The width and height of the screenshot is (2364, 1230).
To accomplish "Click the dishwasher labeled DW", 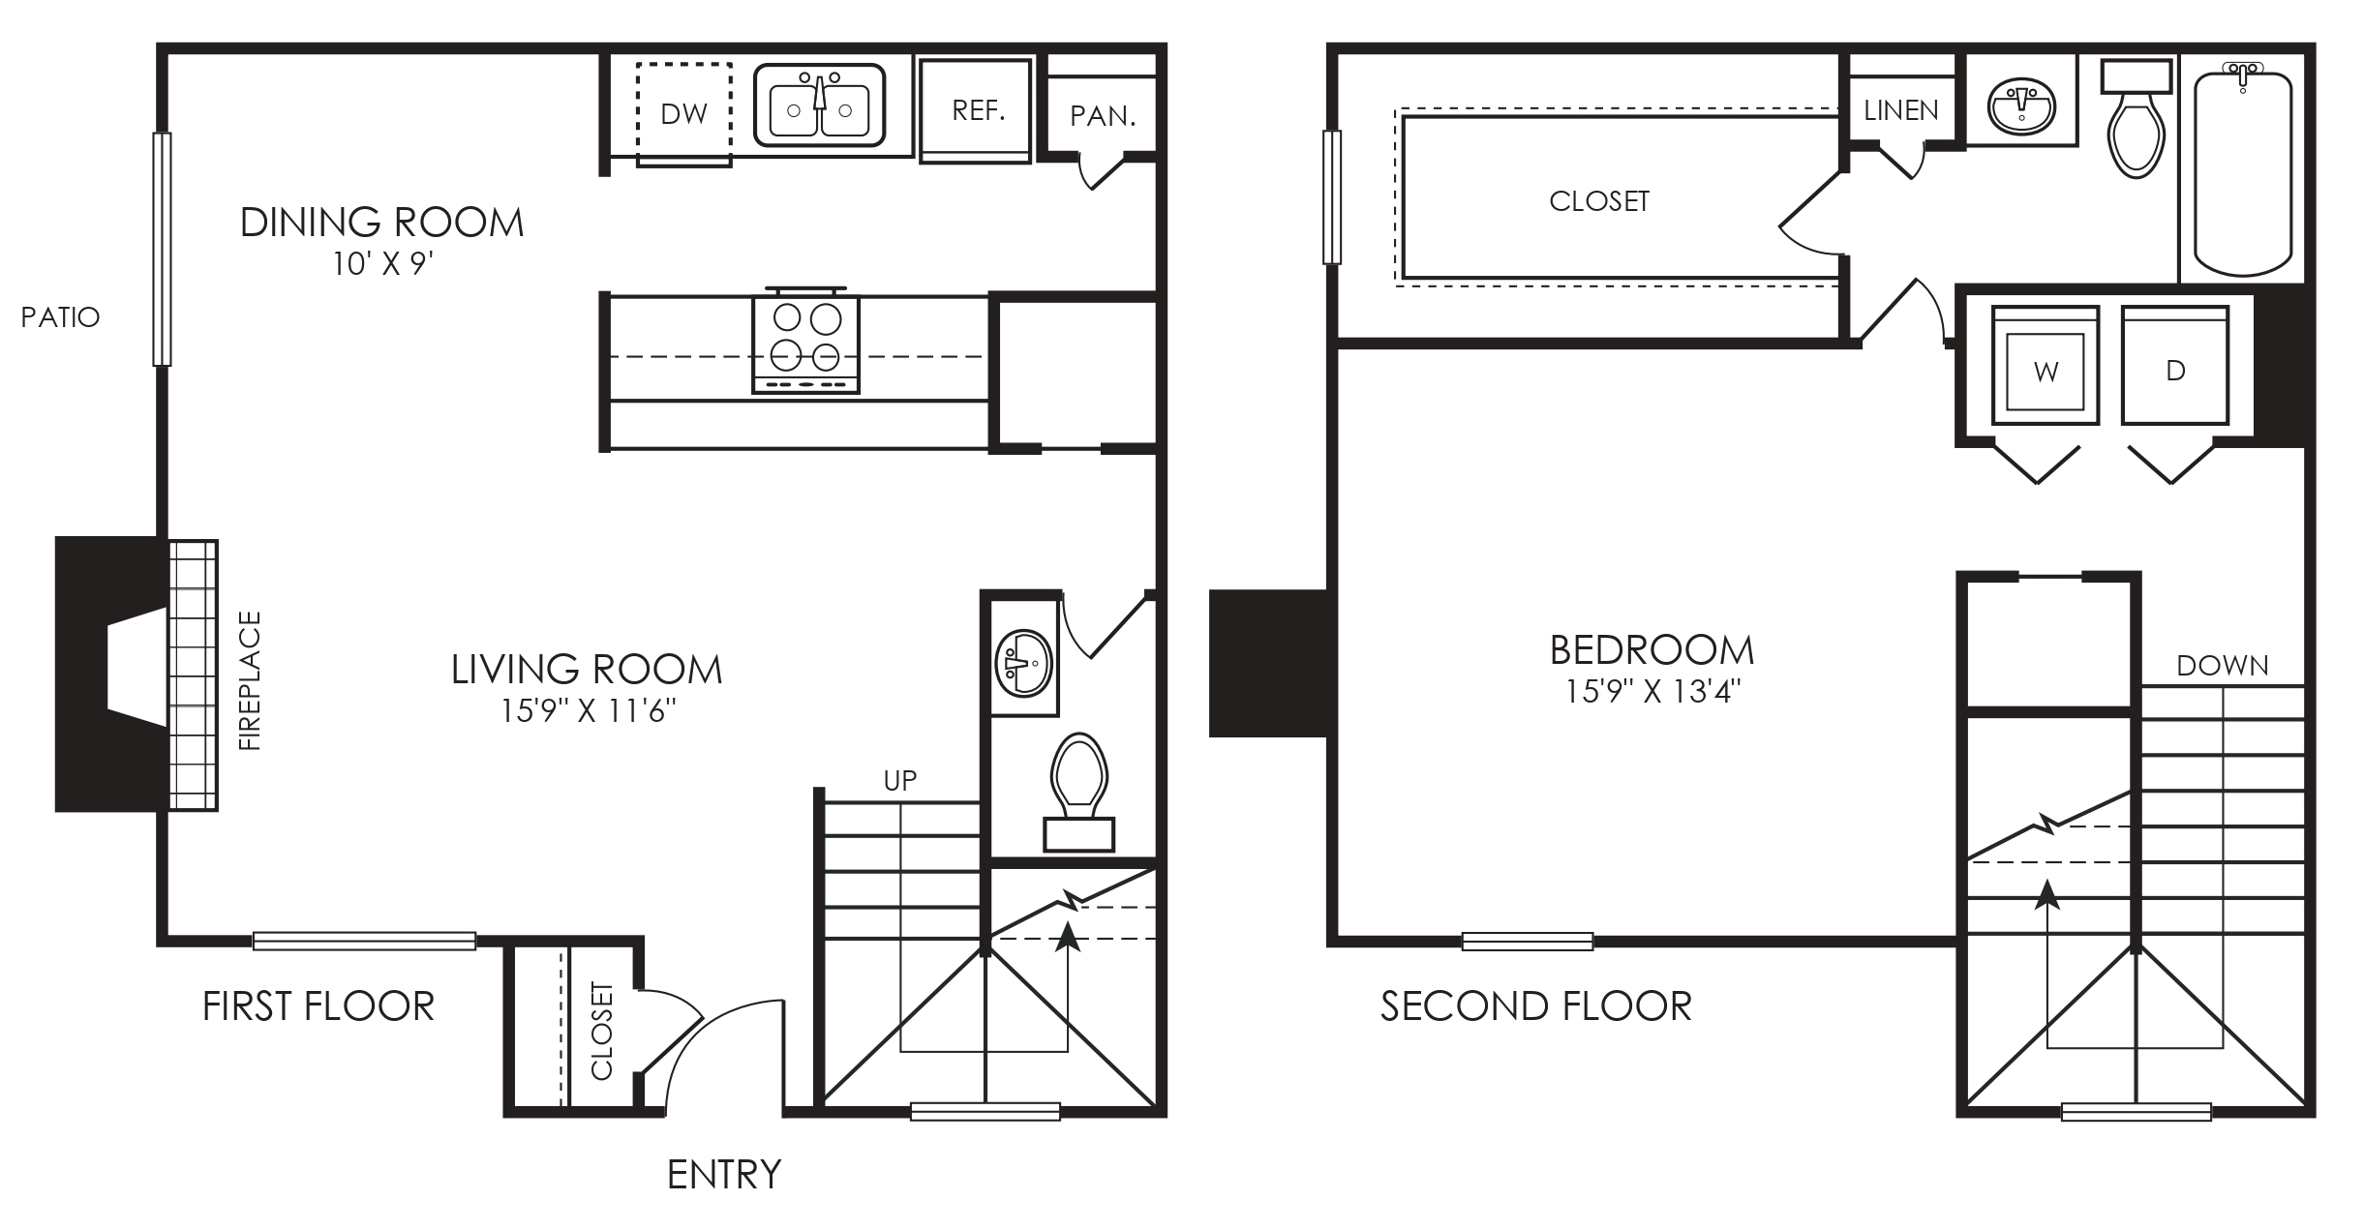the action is (x=683, y=114).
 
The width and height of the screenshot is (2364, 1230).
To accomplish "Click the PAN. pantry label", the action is (x=1103, y=117).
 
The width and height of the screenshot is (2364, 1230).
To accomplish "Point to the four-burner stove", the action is (x=805, y=341).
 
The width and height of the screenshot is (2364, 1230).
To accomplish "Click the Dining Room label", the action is (x=381, y=223).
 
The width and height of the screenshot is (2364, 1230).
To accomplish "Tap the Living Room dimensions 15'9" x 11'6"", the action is (x=588, y=712).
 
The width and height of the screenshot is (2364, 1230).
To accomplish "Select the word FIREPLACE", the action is (x=250, y=680).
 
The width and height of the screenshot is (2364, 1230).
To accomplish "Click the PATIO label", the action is (x=60, y=317).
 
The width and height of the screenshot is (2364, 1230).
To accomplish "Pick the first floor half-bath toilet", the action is (x=1078, y=792).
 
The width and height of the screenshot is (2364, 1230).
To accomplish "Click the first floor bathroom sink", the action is (x=1023, y=664).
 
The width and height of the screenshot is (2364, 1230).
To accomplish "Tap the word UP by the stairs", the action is (x=900, y=780).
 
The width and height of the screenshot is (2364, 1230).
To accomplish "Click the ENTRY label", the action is (x=724, y=1175).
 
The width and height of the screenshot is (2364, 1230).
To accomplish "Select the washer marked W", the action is (x=2046, y=366).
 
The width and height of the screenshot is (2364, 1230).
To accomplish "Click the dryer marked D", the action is (x=2175, y=366).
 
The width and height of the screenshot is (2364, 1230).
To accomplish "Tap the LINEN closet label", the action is (x=1901, y=111).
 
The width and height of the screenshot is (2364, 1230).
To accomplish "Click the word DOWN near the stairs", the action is (x=2223, y=666).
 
